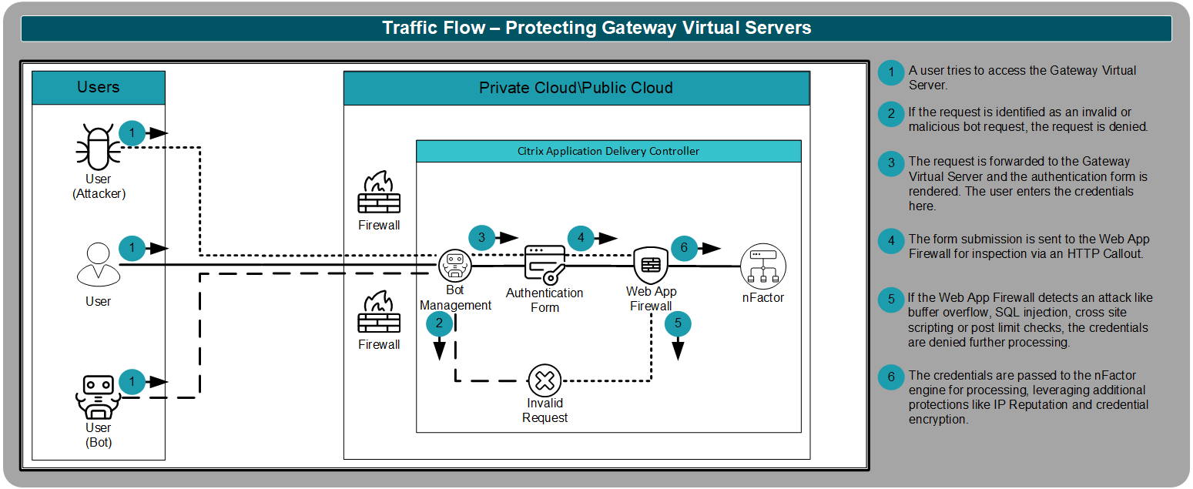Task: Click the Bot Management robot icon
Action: tap(454, 266)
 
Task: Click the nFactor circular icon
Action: tap(762, 266)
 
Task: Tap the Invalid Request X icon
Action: tap(545, 380)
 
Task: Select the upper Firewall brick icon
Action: tap(379, 194)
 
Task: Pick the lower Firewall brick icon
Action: tap(379, 313)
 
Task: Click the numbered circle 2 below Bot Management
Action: tap(439, 323)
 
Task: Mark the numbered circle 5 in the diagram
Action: tap(678, 323)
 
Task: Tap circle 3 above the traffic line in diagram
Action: tap(481, 238)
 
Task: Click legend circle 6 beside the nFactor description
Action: tap(891, 377)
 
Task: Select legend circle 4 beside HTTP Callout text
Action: tap(891, 240)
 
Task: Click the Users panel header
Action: tap(99, 87)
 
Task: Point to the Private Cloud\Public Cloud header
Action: tap(576, 88)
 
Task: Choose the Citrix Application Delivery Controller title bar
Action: tap(608, 151)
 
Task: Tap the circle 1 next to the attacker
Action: tap(132, 133)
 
